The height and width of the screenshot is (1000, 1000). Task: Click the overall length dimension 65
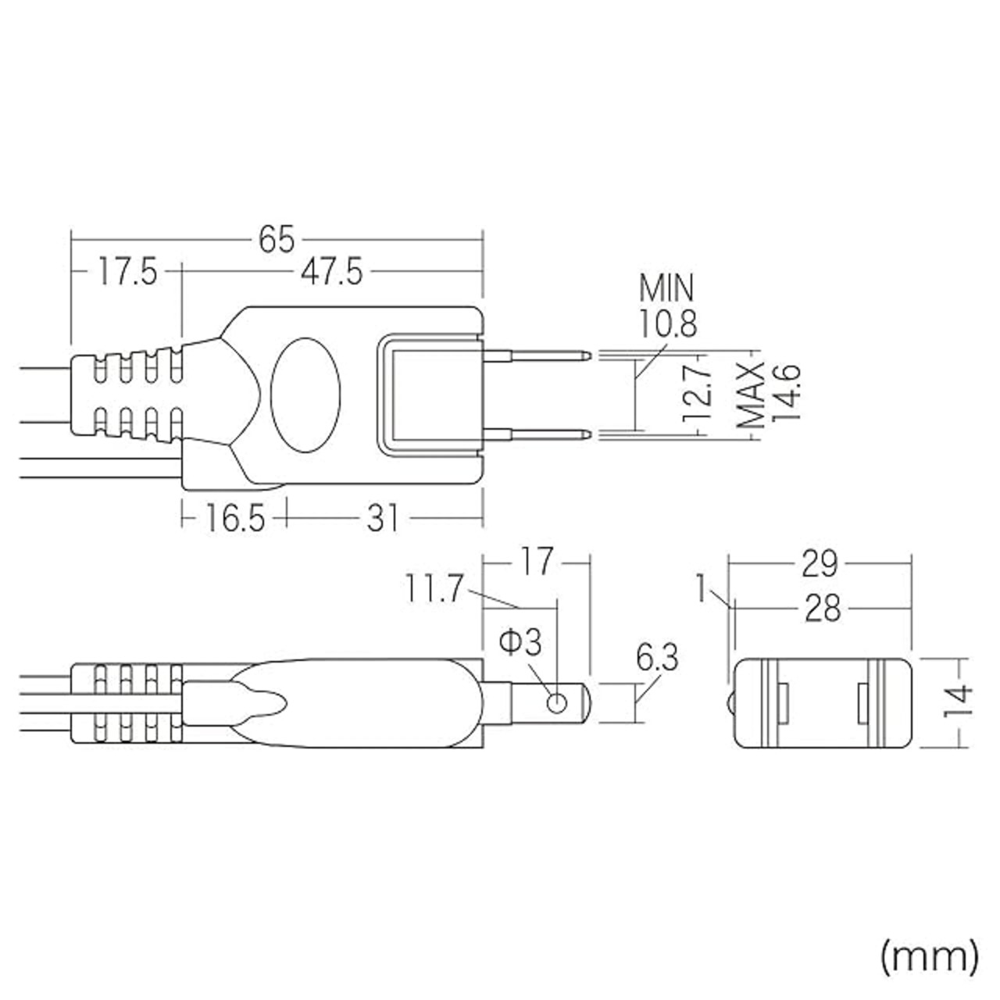(x=276, y=240)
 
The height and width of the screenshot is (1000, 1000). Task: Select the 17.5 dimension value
(x=127, y=273)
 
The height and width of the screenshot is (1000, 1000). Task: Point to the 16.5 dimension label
(x=235, y=518)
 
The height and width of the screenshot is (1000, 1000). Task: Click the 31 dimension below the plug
(x=383, y=518)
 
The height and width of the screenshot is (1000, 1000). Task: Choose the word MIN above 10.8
(x=666, y=289)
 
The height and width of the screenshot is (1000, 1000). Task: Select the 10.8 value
(x=668, y=323)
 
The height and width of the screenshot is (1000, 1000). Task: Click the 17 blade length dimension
(x=537, y=562)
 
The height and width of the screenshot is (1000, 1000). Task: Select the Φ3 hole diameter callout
(x=520, y=642)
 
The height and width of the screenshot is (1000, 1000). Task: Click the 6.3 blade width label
(x=657, y=659)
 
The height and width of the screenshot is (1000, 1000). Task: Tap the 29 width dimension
(x=820, y=563)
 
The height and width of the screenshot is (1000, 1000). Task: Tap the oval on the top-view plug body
(x=306, y=395)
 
